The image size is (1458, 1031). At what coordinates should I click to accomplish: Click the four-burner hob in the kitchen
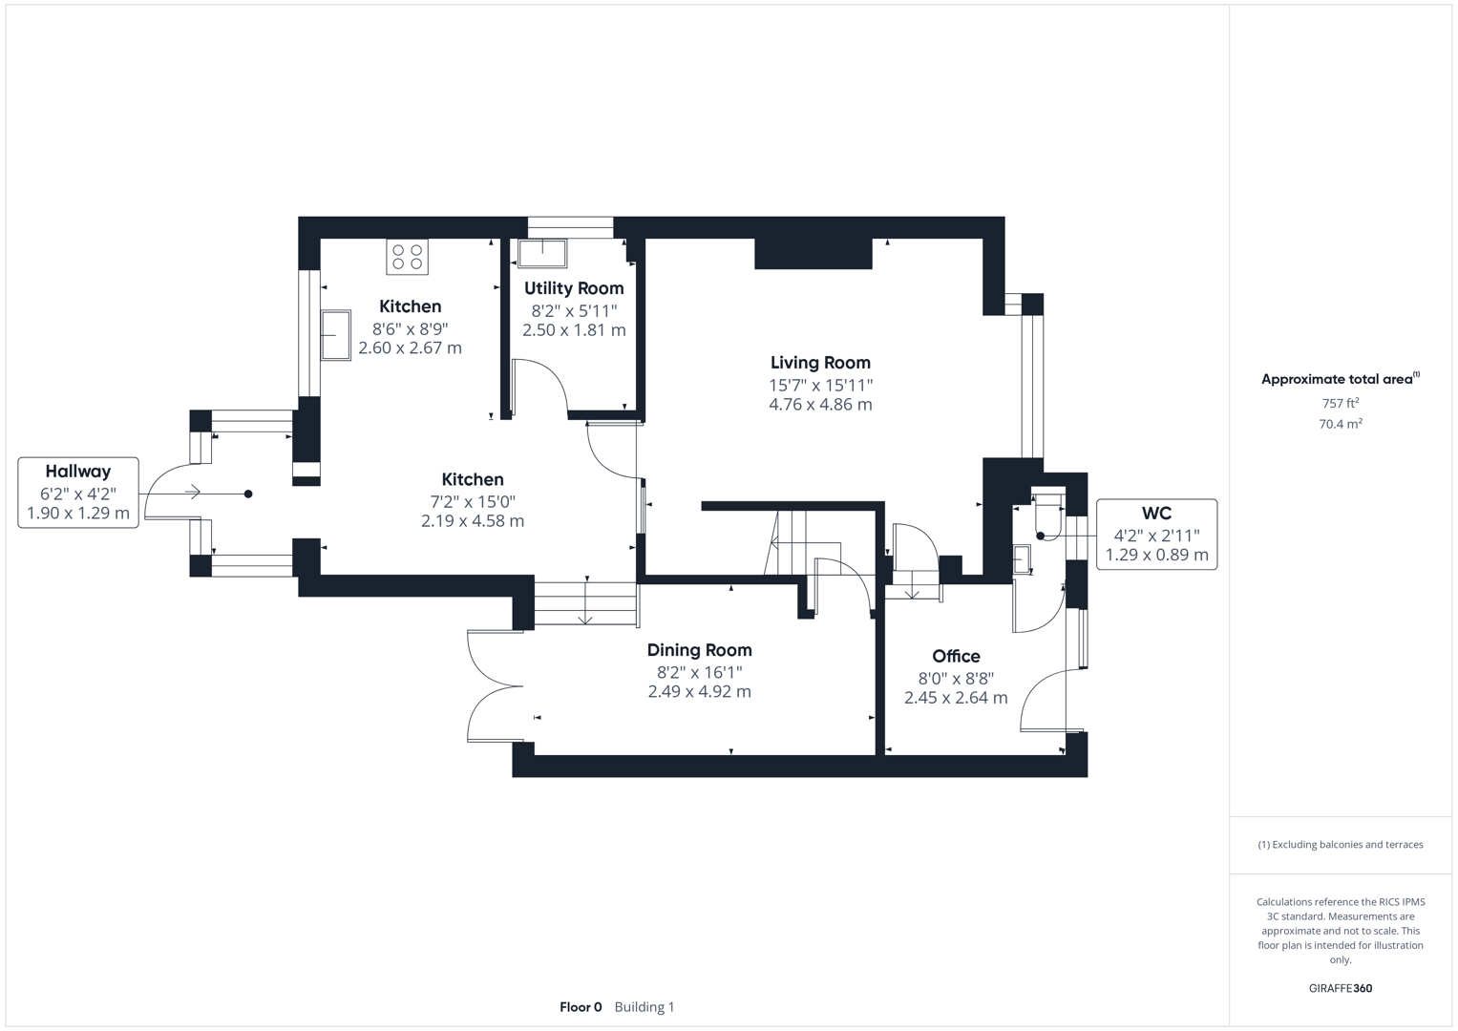pyautogui.click(x=408, y=257)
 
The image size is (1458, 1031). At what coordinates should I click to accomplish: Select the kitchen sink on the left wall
pyautogui.click(x=335, y=335)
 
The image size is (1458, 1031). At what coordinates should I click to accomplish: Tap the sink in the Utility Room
pyautogui.click(x=542, y=253)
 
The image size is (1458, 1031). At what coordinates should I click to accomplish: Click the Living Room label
pyautogui.click(x=820, y=363)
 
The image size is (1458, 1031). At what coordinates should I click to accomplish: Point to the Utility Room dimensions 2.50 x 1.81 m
pyautogui.click(x=574, y=330)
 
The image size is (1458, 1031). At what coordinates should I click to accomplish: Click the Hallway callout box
pyautogui.click(x=78, y=492)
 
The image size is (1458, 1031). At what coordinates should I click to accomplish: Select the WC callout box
pyautogui.click(x=1156, y=535)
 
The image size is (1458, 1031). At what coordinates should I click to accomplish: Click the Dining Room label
pyautogui.click(x=699, y=650)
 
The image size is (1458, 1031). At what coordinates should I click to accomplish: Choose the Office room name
pyautogui.click(x=956, y=656)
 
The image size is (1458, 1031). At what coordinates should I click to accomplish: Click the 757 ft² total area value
pyautogui.click(x=1340, y=404)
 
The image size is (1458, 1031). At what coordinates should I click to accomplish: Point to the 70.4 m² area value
pyautogui.click(x=1340, y=424)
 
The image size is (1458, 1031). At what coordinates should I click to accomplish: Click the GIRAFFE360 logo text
pyautogui.click(x=1340, y=988)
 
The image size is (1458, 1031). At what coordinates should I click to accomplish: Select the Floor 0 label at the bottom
pyautogui.click(x=581, y=1007)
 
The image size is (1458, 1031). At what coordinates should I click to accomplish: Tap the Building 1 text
pyautogui.click(x=644, y=1007)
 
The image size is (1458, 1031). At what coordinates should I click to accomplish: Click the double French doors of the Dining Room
pyautogui.click(x=495, y=685)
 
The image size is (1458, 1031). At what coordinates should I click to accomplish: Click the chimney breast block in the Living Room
pyautogui.click(x=813, y=254)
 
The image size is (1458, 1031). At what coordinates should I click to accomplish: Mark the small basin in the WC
pyautogui.click(x=1022, y=558)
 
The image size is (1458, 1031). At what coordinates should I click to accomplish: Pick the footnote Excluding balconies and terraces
pyautogui.click(x=1340, y=845)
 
